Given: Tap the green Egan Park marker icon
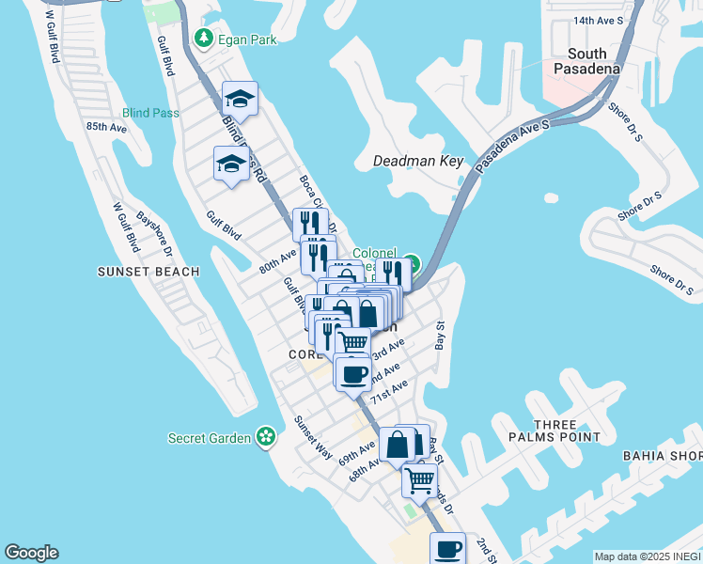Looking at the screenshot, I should click(x=202, y=38).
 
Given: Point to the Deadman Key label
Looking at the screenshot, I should click(x=418, y=161).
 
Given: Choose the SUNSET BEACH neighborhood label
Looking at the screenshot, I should click(x=148, y=272).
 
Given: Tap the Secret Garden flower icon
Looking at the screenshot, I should click(x=267, y=437).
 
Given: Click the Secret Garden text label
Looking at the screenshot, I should click(x=210, y=438).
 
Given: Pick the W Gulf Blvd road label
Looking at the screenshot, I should click(x=127, y=227).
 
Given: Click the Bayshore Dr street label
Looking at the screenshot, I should click(x=155, y=232).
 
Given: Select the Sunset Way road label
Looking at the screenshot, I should click(x=313, y=438).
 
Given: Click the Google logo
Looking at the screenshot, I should click(x=31, y=553).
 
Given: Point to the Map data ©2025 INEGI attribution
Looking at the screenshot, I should click(x=648, y=556).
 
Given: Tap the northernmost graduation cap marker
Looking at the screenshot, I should click(x=241, y=99).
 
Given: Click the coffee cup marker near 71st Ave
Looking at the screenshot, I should click(x=353, y=375).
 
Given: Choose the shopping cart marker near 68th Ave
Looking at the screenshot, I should click(x=419, y=480).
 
